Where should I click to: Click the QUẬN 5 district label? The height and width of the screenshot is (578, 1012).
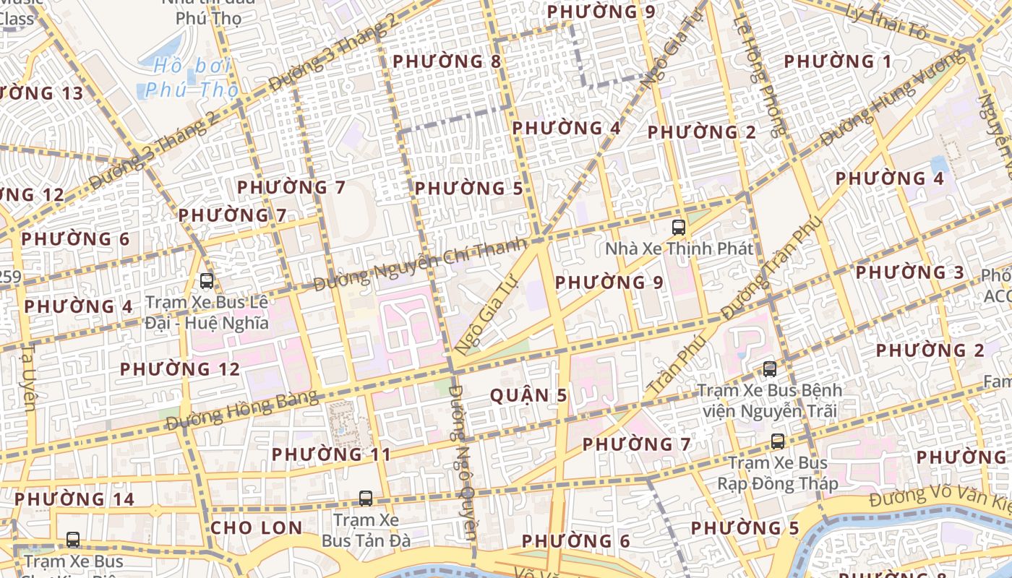pyautogui.click(x=528, y=395)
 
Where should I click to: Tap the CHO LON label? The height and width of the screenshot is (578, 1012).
pyautogui.click(x=257, y=527)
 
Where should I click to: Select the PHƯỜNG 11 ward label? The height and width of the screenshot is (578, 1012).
pyautogui.click(x=331, y=454)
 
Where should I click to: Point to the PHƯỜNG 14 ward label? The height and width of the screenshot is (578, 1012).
pyautogui.click(x=74, y=499)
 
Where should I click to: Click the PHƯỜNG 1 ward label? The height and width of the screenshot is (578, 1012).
pyautogui.click(x=838, y=62)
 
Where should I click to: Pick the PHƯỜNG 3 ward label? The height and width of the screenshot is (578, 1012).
pyautogui.click(x=910, y=272)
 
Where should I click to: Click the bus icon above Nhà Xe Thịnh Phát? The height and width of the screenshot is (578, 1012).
pyautogui.click(x=679, y=228)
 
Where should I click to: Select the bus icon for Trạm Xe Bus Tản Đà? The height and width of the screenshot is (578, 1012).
pyautogui.click(x=366, y=499)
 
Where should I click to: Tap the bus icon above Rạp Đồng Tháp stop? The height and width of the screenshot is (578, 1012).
pyautogui.click(x=778, y=441)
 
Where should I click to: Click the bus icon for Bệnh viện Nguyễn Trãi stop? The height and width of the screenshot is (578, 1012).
pyautogui.click(x=770, y=369)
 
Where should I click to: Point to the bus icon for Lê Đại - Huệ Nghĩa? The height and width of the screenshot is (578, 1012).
pyautogui.click(x=207, y=281)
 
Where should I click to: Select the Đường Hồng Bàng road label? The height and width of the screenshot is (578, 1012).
pyautogui.click(x=242, y=409)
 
